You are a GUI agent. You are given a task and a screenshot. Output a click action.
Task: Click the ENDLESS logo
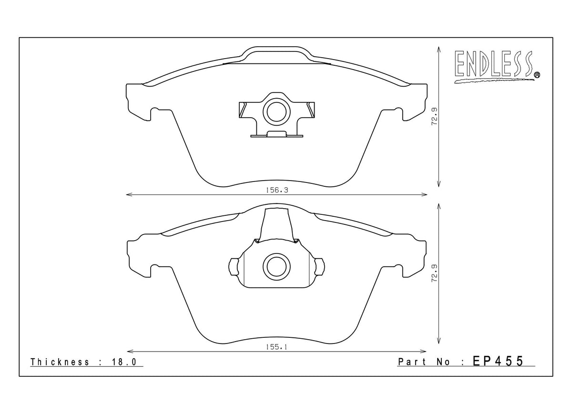[494, 65]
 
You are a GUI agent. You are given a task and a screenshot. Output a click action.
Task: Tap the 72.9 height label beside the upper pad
[434, 117]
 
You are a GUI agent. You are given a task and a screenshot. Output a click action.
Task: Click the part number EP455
[498, 362]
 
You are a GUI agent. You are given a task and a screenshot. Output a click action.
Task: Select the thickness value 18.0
[125, 362]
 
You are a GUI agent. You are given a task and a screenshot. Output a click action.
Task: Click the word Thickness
[60, 362]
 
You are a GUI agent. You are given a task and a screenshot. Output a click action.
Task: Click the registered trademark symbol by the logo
[537, 74]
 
